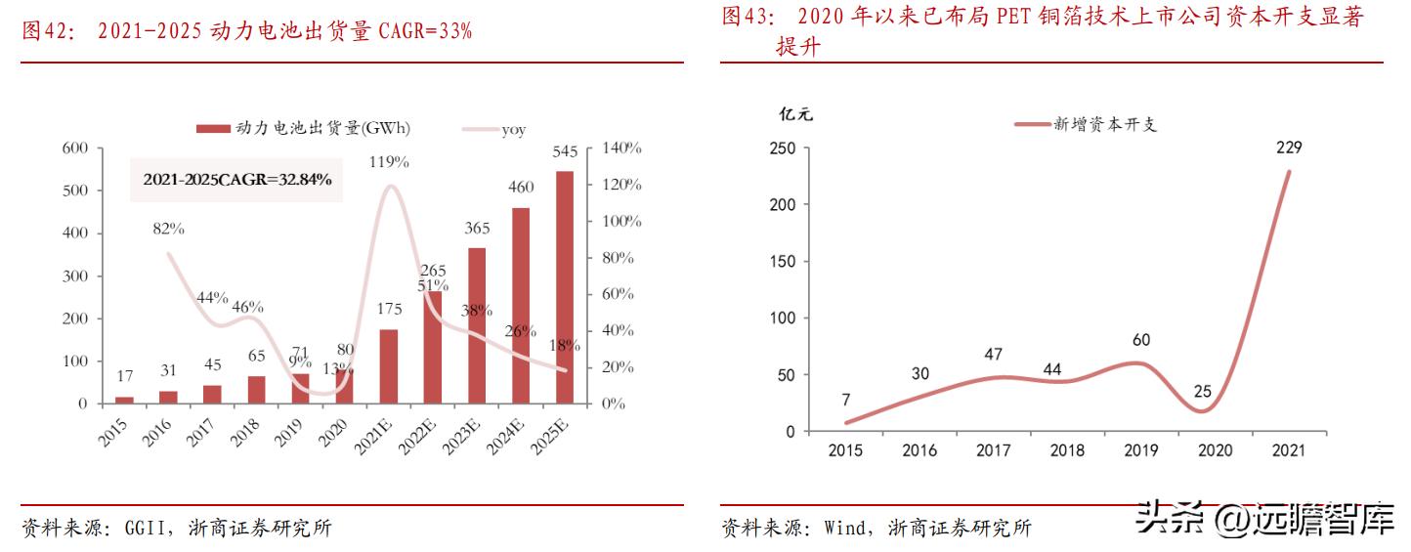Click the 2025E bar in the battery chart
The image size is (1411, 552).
(565, 287)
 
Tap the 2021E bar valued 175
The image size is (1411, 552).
(389, 366)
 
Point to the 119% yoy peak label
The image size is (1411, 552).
(389, 162)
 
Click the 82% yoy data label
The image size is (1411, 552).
(168, 229)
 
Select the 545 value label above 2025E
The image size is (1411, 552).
(565, 151)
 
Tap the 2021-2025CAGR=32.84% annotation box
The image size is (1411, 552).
(236, 180)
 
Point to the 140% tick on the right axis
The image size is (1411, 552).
(621, 149)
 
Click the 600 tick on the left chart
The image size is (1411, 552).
(75, 149)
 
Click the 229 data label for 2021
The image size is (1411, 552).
(1289, 148)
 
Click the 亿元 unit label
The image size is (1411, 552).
(794, 114)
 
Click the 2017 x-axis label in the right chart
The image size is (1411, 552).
(994, 450)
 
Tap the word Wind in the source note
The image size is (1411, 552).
(844, 529)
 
